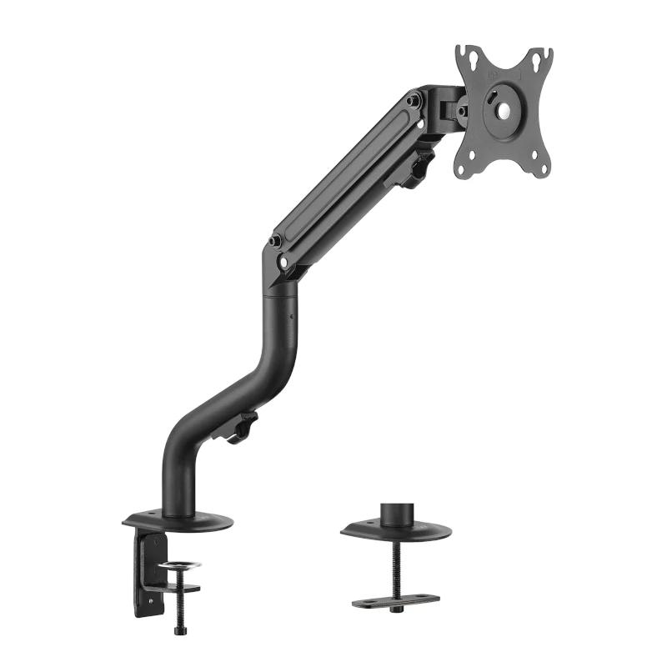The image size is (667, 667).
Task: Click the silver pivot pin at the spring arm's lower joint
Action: point(285,261)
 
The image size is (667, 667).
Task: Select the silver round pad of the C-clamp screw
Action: point(180,567)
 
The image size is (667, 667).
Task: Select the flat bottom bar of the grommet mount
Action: point(395,599)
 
